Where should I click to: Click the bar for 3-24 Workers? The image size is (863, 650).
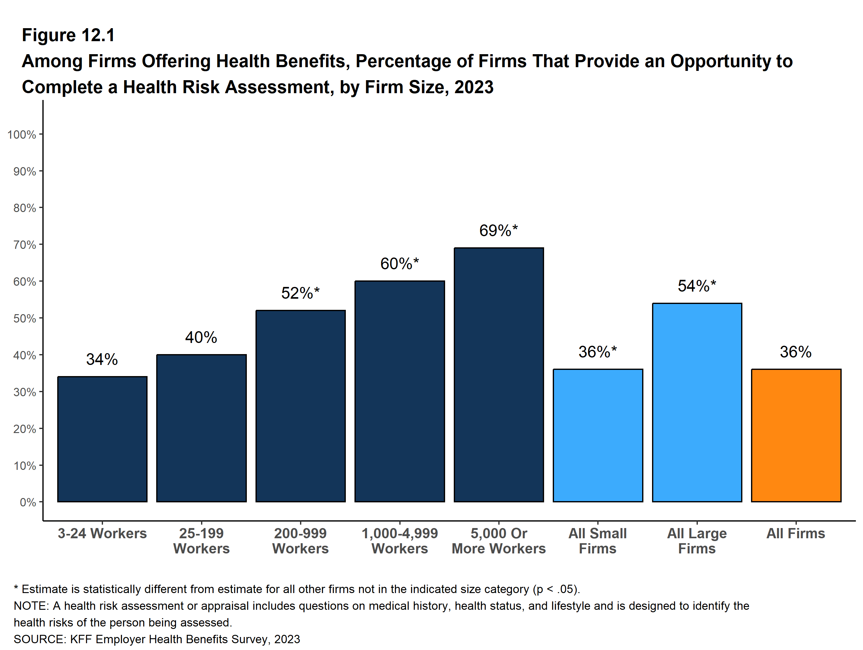[x=102, y=439]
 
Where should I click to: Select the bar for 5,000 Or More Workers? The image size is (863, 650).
[x=499, y=375]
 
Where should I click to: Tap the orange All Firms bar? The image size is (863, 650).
[x=796, y=435]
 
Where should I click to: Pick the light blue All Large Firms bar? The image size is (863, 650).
[x=697, y=402]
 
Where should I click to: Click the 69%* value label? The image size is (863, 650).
[x=498, y=231]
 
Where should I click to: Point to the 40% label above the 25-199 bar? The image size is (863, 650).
[x=201, y=337]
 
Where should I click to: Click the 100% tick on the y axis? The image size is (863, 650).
[x=22, y=135]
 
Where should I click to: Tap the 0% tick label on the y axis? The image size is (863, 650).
[x=28, y=502]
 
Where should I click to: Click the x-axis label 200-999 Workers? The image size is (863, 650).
[x=300, y=541]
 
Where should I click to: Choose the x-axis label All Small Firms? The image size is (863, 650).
[x=598, y=541]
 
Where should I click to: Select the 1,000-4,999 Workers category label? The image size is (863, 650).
[x=400, y=541]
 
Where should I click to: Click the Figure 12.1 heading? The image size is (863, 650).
[x=68, y=35]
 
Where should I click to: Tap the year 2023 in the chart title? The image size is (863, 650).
[x=474, y=87]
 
